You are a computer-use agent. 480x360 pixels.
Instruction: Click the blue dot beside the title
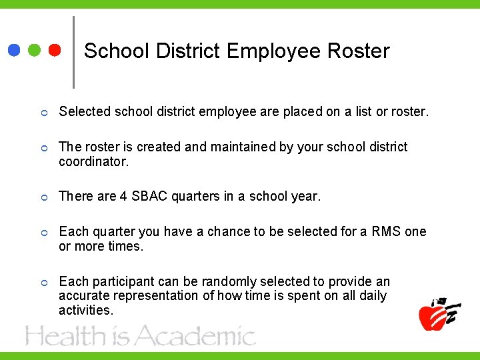click(14, 50)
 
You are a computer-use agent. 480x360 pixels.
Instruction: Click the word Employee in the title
click(276, 51)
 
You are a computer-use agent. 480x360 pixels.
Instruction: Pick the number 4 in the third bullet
click(123, 197)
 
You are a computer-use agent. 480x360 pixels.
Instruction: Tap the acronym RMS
click(387, 231)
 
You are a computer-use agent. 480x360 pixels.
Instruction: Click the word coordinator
click(92, 161)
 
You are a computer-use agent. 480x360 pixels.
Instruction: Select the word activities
click(86, 310)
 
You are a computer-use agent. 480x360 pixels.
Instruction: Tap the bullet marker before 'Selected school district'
click(43, 112)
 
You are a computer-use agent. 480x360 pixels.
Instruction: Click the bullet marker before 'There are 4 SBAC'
click(43, 197)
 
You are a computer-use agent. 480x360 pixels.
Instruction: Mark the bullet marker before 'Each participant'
click(43, 282)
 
